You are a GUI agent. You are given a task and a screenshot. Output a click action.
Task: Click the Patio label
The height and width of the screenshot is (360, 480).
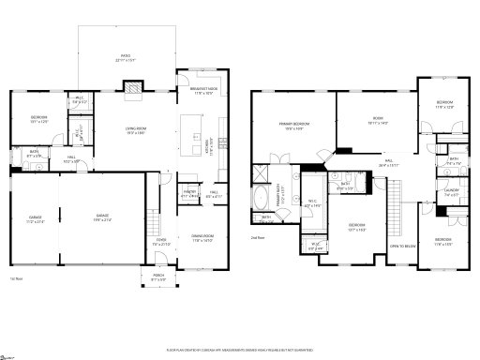(x=127, y=58)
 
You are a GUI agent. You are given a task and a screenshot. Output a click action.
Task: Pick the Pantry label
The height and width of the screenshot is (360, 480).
(x=187, y=194)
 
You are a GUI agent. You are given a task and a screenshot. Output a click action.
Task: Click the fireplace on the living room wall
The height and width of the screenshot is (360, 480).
(x=134, y=90)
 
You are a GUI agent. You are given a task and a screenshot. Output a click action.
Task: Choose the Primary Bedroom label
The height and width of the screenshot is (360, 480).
(x=293, y=127)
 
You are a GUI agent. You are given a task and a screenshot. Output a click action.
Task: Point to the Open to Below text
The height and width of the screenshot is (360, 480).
(x=403, y=247)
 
